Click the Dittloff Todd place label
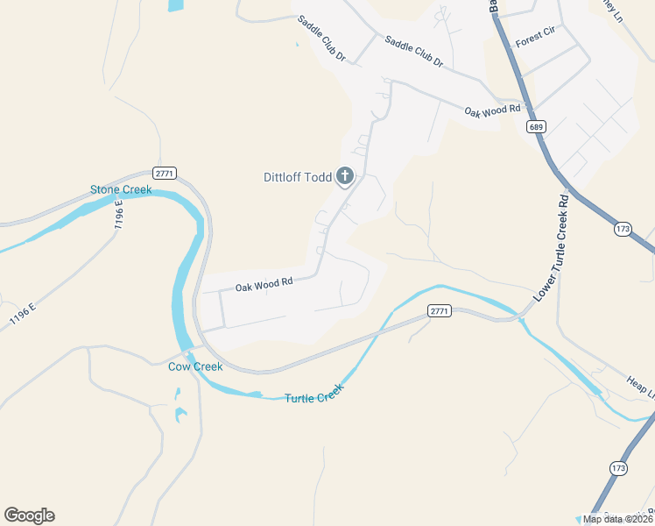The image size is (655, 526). click(298, 177)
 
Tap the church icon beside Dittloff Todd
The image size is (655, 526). click(345, 177)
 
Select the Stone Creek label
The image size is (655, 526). click(121, 189)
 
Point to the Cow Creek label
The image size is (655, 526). click(195, 366)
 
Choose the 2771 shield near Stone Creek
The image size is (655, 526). click(164, 172)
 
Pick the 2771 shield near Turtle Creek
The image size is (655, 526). click(440, 311)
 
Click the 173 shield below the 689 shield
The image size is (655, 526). click(623, 229)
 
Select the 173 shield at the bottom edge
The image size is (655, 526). click(619, 468)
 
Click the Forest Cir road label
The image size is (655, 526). click(536, 41)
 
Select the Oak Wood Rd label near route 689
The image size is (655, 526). click(492, 110)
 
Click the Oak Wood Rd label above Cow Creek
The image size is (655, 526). click(262, 283)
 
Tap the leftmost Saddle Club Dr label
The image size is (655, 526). click(321, 39)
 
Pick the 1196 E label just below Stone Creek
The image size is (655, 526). click(117, 215)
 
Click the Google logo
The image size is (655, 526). click(29, 515)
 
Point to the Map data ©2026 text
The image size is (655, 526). click(617, 519)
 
